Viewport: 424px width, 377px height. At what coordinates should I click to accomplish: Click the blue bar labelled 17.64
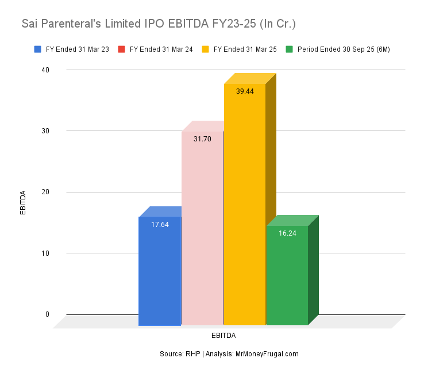pos(160,270)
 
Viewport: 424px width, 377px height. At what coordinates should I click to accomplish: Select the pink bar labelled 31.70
pos(202,230)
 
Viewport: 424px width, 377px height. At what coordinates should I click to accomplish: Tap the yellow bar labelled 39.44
pos(244,207)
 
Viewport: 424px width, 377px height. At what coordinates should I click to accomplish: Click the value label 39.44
pos(245,91)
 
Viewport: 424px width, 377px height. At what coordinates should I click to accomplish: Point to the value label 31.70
pos(202,139)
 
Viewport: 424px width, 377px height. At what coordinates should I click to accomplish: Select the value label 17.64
pos(160,224)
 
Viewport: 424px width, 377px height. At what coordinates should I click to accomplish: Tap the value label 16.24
pos(287,233)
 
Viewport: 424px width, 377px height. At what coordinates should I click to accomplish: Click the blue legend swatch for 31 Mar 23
pos(37,49)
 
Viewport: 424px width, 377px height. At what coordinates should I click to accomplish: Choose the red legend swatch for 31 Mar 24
pos(121,49)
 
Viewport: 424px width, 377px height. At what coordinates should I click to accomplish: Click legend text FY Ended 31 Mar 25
pos(245,49)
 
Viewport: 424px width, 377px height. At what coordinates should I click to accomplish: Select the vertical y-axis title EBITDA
pos(23,202)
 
